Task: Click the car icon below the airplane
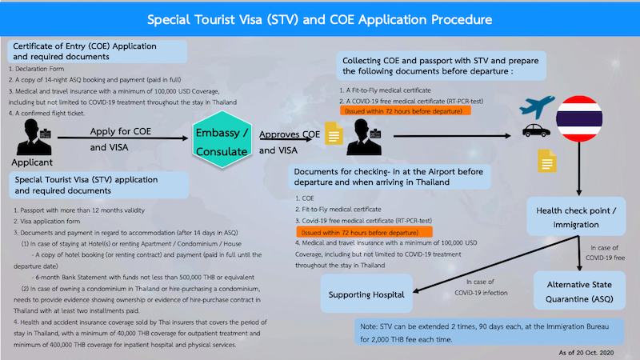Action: (530, 130)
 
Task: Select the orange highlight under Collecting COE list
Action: (406, 112)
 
